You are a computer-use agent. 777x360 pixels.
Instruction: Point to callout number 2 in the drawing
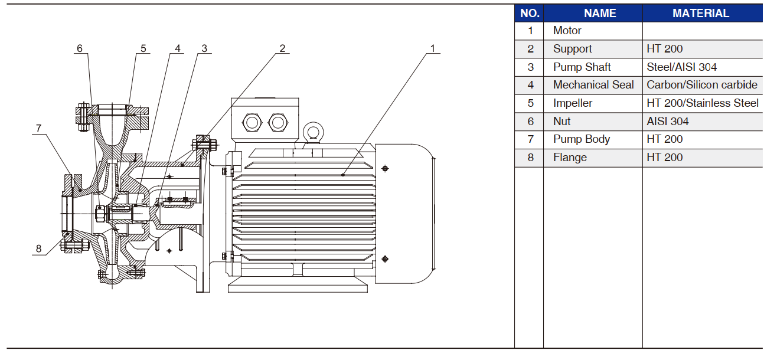(282, 48)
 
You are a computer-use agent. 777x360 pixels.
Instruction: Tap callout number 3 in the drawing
(204, 48)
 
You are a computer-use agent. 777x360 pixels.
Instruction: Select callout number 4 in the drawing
(177, 48)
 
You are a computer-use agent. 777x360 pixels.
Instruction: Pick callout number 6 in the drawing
(80, 48)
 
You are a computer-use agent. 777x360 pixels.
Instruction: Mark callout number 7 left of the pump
(38, 128)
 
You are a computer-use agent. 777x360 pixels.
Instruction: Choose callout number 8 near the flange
(39, 248)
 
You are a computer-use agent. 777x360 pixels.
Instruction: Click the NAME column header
(592, 14)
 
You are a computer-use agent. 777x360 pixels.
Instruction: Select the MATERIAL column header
(701, 14)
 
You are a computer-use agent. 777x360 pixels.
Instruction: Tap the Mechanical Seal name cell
(593, 85)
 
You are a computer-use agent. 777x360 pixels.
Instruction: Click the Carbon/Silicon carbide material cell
(702, 85)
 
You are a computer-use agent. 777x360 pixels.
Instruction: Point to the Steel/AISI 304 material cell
(682, 67)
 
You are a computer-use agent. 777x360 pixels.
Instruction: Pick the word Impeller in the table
(573, 103)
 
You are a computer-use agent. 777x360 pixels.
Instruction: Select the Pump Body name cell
(582, 139)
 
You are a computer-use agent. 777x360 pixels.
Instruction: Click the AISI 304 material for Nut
(668, 122)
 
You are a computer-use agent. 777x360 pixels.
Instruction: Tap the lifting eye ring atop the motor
(312, 132)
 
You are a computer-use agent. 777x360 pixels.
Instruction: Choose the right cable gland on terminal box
(277, 123)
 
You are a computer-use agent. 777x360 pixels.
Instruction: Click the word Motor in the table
(567, 31)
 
